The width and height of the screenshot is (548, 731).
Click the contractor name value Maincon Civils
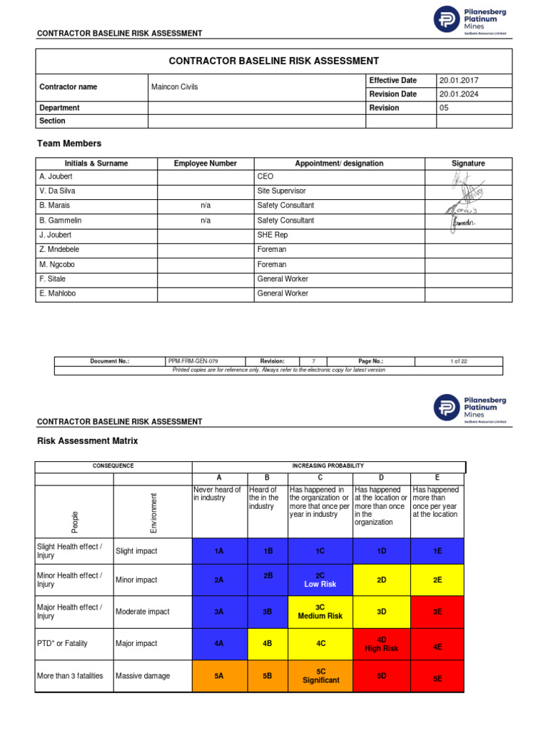pyautogui.click(x=175, y=87)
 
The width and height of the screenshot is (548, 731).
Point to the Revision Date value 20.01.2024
pyautogui.click(x=459, y=94)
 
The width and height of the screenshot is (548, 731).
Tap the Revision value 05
pyautogui.click(x=445, y=108)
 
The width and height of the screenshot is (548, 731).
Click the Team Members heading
pyautogui.click(x=69, y=143)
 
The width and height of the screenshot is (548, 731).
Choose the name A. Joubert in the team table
pyautogui.click(x=55, y=176)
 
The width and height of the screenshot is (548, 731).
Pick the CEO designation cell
pyautogui.click(x=265, y=176)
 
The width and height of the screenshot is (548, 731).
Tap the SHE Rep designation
pyautogui.click(x=273, y=235)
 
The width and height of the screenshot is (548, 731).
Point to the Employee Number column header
pyautogui.click(x=205, y=163)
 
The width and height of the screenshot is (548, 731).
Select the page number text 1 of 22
pyautogui.click(x=458, y=362)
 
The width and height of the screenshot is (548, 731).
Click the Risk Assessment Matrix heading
pyautogui.click(x=87, y=441)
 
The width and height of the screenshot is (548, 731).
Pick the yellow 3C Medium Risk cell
pyautogui.click(x=320, y=611)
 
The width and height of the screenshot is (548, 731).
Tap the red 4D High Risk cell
pyautogui.click(x=381, y=644)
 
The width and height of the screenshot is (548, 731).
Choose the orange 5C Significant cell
pyautogui.click(x=320, y=676)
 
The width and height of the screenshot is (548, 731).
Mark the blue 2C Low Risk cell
pyautogui.click(x=320, y=580)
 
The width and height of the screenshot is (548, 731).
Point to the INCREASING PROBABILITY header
pyautogui.click(x=328, y=466)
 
